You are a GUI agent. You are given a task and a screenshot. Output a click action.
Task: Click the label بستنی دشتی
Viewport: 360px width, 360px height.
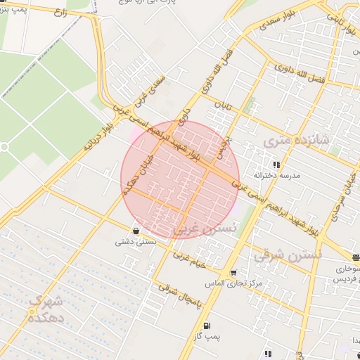click(134, 242)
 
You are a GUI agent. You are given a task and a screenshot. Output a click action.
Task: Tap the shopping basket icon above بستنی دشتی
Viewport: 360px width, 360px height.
click(135, 231)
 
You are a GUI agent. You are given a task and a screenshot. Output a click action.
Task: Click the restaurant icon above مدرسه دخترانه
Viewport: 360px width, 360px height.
click(276, 165)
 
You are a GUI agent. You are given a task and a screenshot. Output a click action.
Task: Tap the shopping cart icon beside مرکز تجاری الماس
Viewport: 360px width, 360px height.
click(233, 272)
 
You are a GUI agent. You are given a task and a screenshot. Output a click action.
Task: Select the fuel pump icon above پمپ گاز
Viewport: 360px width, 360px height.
click(206, 326)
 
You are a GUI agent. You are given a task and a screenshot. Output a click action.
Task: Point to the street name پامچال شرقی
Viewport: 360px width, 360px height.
click(179, 296)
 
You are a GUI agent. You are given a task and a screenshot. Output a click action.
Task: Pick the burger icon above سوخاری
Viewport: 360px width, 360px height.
click(356, 258)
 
